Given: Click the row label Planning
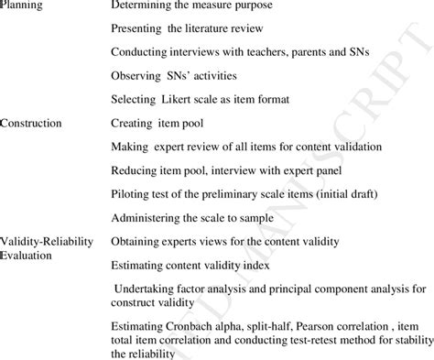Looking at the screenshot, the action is [20, 5].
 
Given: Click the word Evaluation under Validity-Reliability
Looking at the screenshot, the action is [28, 255].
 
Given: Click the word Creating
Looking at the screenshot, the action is [131, 123].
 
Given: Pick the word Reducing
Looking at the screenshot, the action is [134, 170].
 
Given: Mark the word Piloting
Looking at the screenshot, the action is [132, 194].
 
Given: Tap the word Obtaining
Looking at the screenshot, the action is [136, 242].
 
